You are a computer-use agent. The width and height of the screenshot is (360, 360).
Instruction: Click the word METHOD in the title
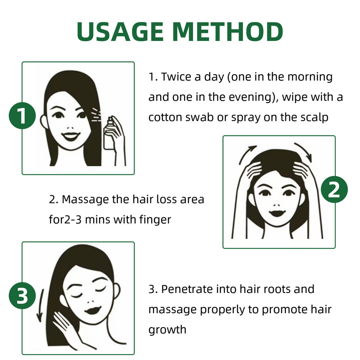coord(228,31)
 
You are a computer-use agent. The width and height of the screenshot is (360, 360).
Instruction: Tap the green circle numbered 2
coord(334,191)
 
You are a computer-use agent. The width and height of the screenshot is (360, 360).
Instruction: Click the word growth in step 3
coord(167,329)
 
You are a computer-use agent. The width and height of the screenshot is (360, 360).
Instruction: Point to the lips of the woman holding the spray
coord(71,135)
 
